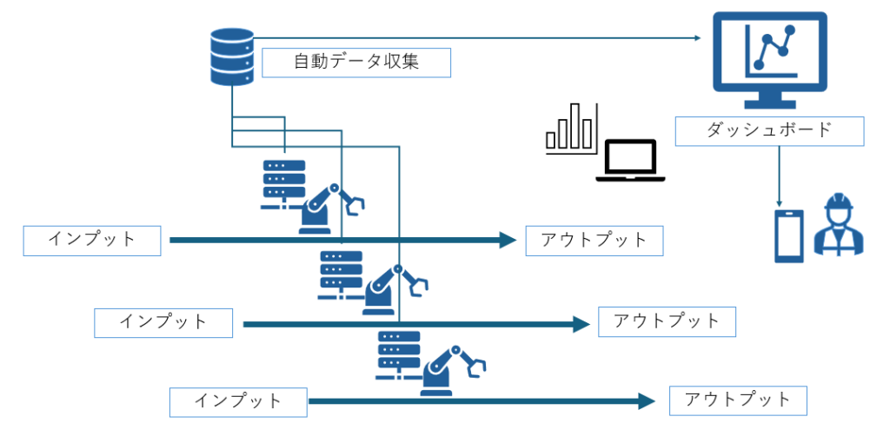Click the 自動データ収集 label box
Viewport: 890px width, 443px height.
pos(356,63)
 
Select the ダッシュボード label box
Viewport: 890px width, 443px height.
pos(769,130)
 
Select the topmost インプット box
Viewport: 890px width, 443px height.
pos(92,241)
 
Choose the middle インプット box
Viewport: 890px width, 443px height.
pos(163,322)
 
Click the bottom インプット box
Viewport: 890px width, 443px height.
pos(238,401)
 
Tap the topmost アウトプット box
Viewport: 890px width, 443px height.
pos(594,241)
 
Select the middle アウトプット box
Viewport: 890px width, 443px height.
pos(667,321)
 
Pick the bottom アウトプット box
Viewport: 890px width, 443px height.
pos(738,400)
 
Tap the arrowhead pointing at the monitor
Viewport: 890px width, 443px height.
pos(695,37)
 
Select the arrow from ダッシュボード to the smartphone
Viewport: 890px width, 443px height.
pos(780,174)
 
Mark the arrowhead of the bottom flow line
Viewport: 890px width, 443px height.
pos(646,401)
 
